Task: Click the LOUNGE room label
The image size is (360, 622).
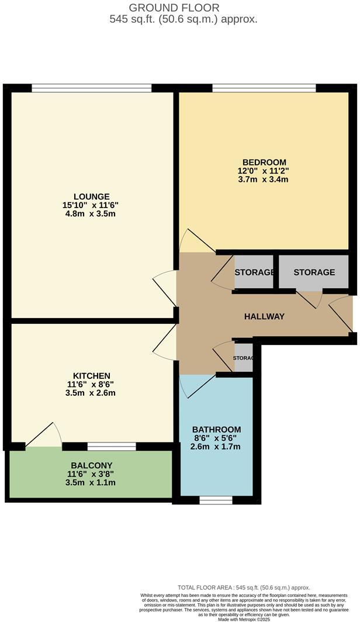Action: point(91,196)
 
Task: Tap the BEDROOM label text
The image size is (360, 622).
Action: point(264,162)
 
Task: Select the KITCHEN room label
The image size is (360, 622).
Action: point(91,375)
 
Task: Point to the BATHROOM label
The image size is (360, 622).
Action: point(217,429)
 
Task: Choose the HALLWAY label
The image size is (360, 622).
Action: point(264,316)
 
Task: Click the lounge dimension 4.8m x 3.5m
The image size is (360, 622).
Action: point(91,214)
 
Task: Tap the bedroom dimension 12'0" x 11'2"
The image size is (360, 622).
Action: point(264,171)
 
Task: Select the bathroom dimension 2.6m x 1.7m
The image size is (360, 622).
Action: point(217,447)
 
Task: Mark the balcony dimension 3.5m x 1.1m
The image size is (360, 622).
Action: point(91,483)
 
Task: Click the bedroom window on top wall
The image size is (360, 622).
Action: point(264,88)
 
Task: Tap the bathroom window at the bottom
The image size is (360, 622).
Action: point(216,500)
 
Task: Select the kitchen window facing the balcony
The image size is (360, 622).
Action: point(111,447)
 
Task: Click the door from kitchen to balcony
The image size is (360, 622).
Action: point(44,436)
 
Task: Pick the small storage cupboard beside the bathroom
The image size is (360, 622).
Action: point(243,358)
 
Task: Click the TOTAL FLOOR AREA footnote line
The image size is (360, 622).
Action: point(244,587)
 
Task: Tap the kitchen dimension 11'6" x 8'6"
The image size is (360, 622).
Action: point(91,384)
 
